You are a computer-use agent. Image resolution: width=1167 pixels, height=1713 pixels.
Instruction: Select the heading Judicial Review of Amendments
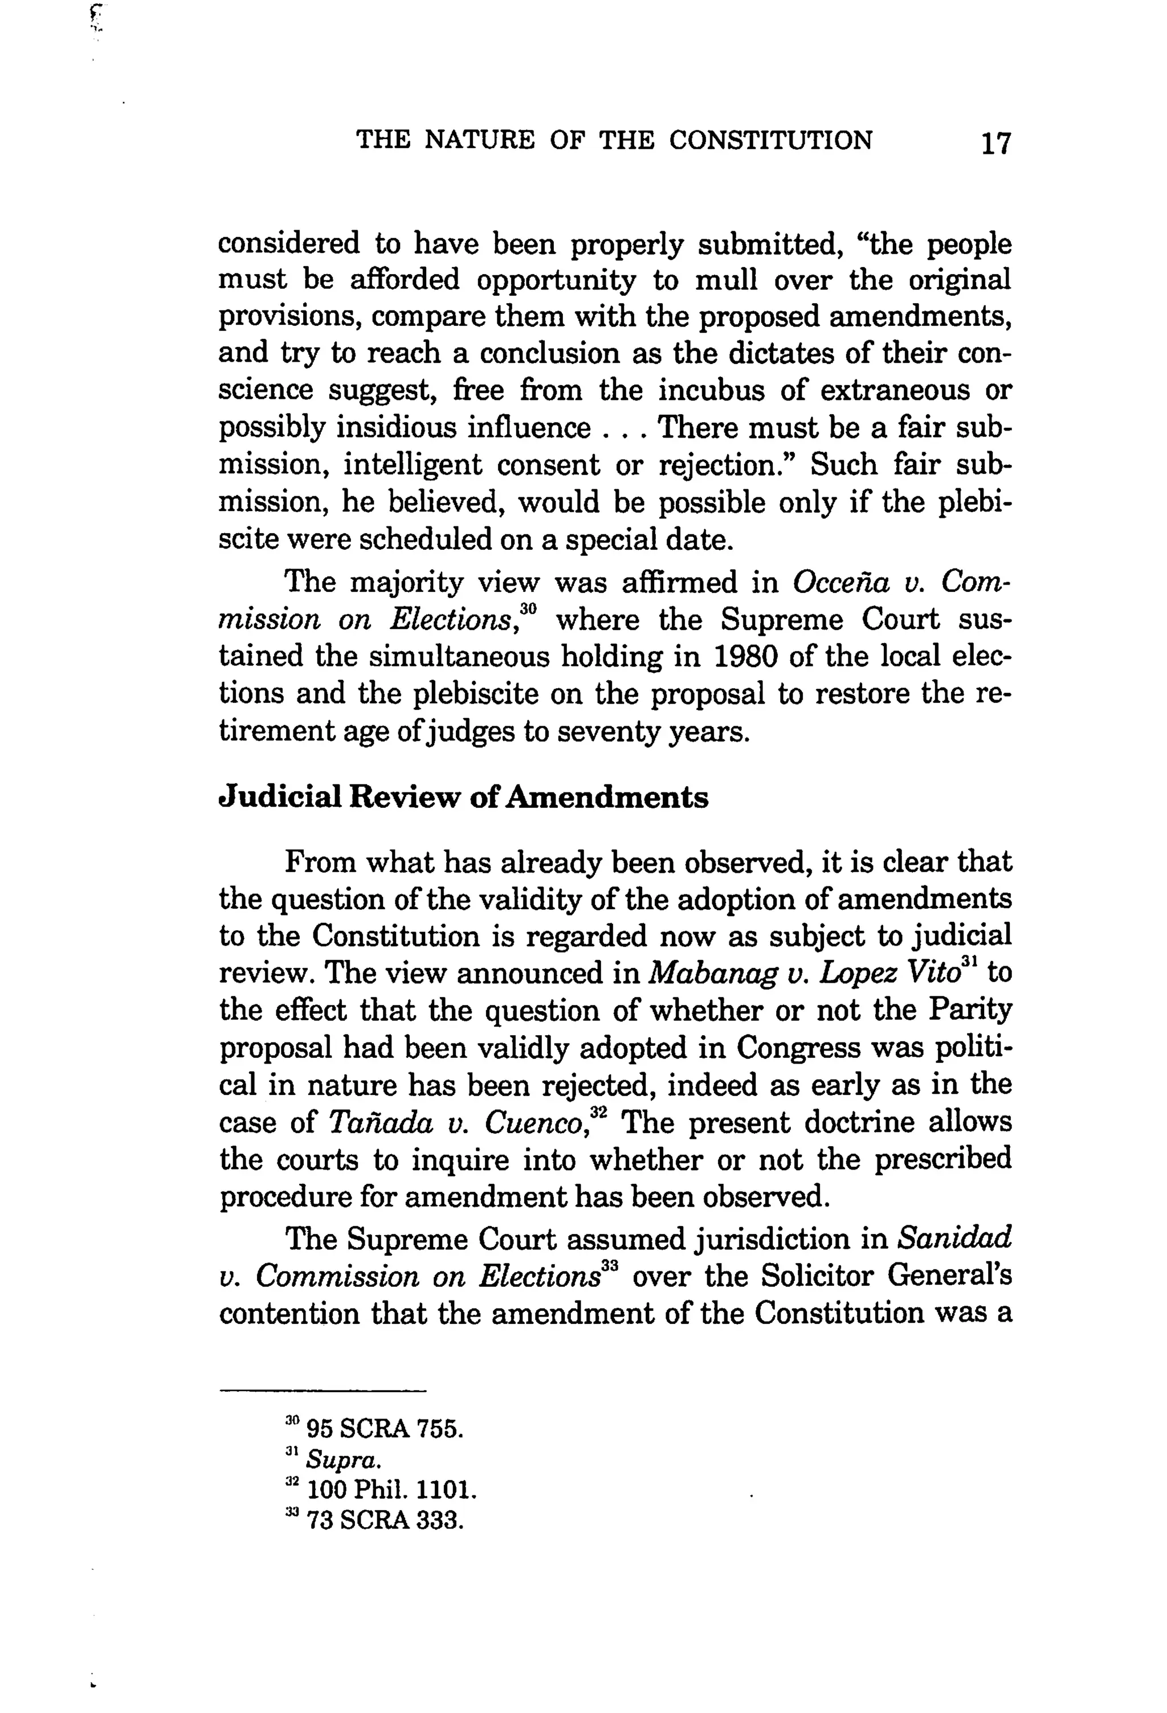[x=464, y=798]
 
